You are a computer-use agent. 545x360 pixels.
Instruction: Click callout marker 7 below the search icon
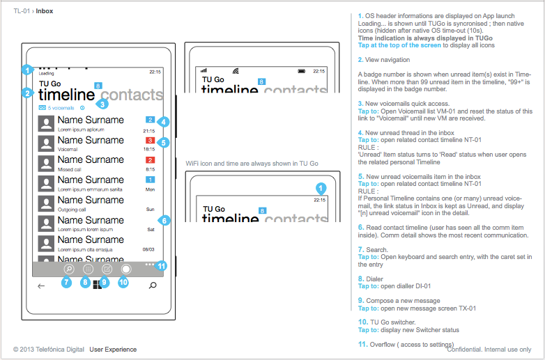pyautogui.click(x=67, y=282)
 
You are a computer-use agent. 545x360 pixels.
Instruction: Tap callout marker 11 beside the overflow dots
pyautogui.click(x=162, y=265)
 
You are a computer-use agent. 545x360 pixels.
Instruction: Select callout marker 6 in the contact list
pyautogui.click(x=163, y=220)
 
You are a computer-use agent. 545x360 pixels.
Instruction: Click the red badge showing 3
pyautogui.click(x=150, y=141)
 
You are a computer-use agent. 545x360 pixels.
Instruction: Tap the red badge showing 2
pyautogui.click(x=150, y=161)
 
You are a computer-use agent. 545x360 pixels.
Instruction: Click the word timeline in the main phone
pyautogui.click(x=66, y=95)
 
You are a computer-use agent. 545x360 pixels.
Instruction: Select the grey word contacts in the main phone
pyautogui.click(x=132, y=95)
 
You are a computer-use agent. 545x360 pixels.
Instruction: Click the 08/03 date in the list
pyautogui.click(x=148, y=249)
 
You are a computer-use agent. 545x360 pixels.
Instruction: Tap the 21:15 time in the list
pyautogui.click(x=149, y=130)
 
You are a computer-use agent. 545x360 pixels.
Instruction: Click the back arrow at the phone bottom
pyautogui.click(x=41, y=285)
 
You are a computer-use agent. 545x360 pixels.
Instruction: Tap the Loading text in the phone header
pyautogui.click(x=46, y=72)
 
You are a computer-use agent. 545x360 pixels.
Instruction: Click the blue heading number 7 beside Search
pyautogui.click(x=360, y=249)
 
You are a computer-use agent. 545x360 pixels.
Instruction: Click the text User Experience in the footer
pyautogui.click(x=113, y=350)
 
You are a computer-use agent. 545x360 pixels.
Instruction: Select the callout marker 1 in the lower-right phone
pyautogui.click(x=321, y=188)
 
